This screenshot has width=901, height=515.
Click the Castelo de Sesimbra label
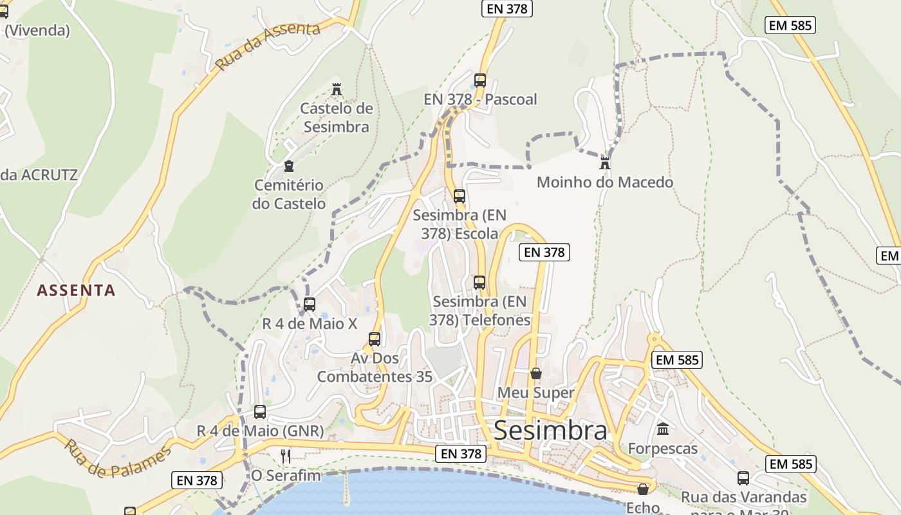[337, 117]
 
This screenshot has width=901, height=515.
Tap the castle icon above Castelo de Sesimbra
[336, 89]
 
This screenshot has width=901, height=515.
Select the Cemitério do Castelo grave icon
[289, 166]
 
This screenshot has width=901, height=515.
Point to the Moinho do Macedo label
[605, 182]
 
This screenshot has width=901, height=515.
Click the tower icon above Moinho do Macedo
[605, 162]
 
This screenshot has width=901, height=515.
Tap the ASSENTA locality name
[76, 290]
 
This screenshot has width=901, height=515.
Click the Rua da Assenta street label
[268, 46]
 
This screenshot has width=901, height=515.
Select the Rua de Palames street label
[118, 459]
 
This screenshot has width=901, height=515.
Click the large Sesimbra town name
[550, 431]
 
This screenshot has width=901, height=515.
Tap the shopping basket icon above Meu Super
[536, 373]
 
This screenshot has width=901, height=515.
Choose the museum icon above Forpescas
[663, 429]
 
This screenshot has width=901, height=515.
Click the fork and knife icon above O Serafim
[286, 456]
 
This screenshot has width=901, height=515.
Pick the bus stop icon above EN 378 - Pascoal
[480, 80]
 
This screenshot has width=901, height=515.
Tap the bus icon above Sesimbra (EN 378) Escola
[460, 196]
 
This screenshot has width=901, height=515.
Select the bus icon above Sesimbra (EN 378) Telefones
[479, 282]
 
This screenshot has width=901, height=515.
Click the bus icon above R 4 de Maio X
[310, 304]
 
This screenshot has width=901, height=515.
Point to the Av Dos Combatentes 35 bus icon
[375, 339]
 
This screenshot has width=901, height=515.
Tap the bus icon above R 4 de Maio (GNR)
[260, 412]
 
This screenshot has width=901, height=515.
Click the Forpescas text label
[663, 449]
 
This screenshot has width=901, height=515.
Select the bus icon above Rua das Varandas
[743, 478]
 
